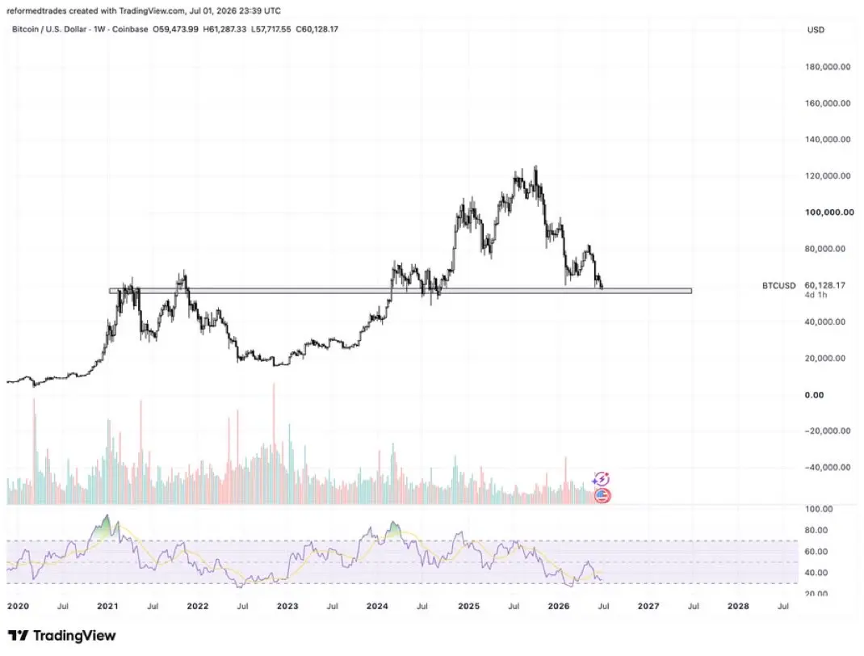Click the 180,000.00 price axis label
click(828, 67)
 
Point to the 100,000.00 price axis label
click(829, 212)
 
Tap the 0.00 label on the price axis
click(815, 395)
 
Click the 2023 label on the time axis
click(287, 606)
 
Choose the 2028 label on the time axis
click(738, 606)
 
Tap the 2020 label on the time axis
click(18, 606)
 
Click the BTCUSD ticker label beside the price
click(779, 285)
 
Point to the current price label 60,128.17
click(825, 285)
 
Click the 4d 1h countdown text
click(816, 295)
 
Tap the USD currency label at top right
click(816, 30)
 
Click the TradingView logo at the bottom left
click(61, 636)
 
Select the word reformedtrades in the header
click(36, 11)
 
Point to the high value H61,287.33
click(224, 28)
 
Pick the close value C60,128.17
click(317, 28)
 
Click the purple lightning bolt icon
click(601, 479)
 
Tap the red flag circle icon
click(603, 495)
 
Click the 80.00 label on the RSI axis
click(816, 530)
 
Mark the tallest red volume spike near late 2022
click(273, 444)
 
